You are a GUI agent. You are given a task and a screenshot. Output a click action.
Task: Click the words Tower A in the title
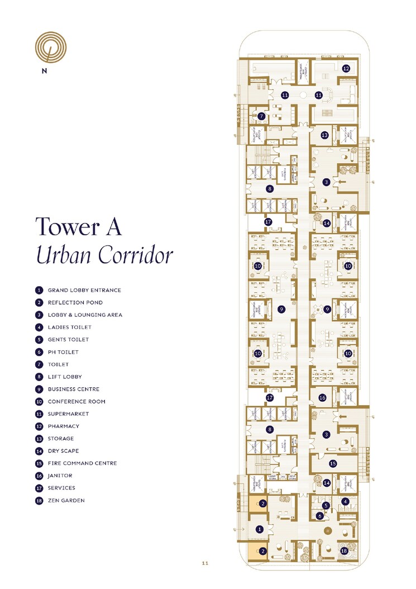pyautogui.click(x=79, y=227)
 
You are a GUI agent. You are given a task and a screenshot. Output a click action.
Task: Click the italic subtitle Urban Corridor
pyautogui.click(x=104, y=255)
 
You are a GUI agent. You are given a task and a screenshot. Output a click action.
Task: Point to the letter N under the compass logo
pyautogui.click(x=44, y=71)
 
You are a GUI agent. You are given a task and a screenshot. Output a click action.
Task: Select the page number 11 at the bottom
pyautogui.click(x=205, y=563)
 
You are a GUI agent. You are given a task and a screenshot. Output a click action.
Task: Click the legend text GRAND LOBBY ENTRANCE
pyautogui.click(x=84, y=290)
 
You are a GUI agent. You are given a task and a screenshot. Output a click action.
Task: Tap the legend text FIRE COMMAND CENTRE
pyautogui.click(x=82, y=463)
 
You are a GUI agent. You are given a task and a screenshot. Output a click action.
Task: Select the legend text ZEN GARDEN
pyautogui.click(x=66, y=500)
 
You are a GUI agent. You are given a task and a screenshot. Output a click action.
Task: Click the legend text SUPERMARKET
pyautogui.click(x=68, y=414)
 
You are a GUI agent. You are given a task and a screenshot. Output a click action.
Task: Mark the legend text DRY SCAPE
pyautogui.click(x=63, y=451)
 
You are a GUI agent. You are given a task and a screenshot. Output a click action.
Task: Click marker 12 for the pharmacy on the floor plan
pyautogui.click(x=346, y=69)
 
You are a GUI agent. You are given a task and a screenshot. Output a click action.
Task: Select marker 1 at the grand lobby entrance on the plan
pyautogui.click(x=259, y=529)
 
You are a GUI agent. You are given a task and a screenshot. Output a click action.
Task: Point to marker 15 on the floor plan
pyautogui.click(x=333, y=463)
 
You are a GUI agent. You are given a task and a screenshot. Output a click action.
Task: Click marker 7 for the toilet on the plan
pyautogui.click(x=261, y=116)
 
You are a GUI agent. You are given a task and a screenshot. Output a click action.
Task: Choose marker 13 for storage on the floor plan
pyautogui.click(x=324, y=135)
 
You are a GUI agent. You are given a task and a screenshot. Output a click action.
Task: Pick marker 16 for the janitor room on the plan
pyautogui.click(x=322, y=397)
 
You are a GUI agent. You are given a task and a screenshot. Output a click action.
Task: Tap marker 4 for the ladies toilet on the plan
pyautogui.click(x=345, y=501)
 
